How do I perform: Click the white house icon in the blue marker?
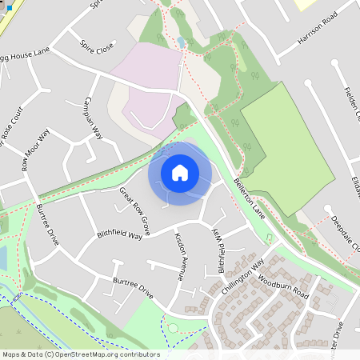180,173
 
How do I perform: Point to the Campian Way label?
93,120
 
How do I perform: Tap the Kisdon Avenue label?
180,258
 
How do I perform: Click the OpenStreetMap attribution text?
80,354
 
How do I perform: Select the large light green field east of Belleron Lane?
288,148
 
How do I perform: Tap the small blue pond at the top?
181,42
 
